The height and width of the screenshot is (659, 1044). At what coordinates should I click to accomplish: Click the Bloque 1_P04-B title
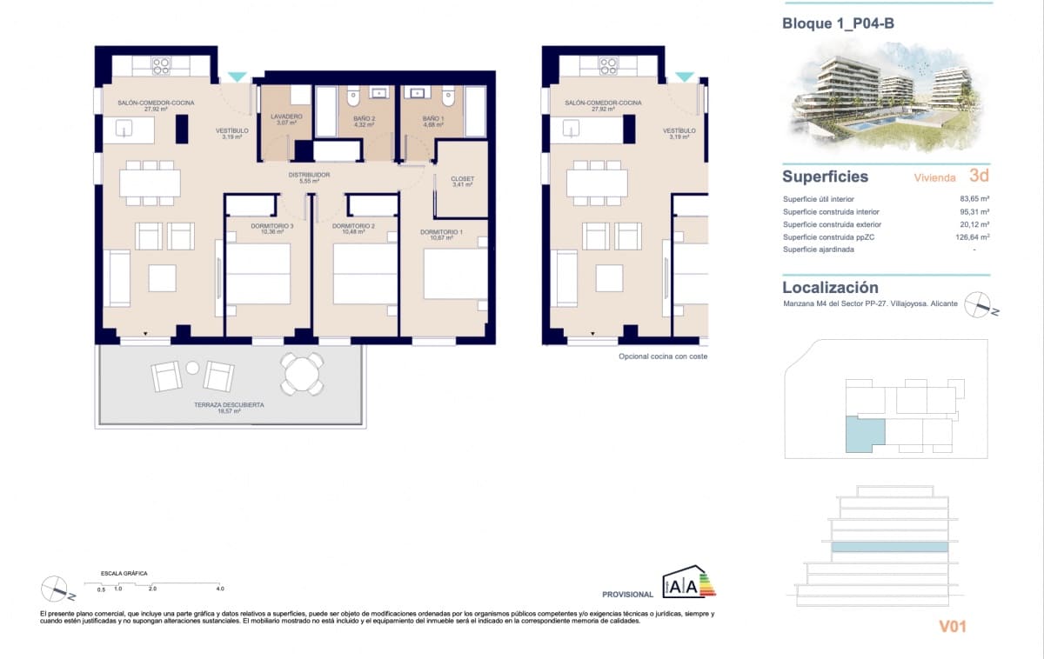pyautogui.click(x=838, y=23)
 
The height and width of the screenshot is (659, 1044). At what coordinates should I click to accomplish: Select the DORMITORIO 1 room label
pyautogui.click(x=441, y=232)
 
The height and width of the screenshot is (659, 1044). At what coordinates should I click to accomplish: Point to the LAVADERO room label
pyautogui.click(x=286, y=116)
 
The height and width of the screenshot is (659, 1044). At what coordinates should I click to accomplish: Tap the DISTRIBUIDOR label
pyautogui.click(x=309, y=175)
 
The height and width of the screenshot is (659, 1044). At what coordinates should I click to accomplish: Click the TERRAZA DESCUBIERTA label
pyautogui.click(x=230, y=405)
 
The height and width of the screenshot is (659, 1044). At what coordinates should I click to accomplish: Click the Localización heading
pyautogui.click(x=830, y=287)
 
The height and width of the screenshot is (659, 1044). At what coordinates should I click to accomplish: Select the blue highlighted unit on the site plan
pyautogui.click(x=864, y=434)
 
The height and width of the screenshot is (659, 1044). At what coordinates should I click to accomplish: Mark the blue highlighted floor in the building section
pyautogui.click(x=889, y=548)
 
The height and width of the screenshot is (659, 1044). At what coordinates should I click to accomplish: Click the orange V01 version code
pyautogui.click(x=952, y=626)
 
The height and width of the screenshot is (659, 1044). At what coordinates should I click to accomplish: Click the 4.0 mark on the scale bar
pyautogui.click(x=220, y=589)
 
